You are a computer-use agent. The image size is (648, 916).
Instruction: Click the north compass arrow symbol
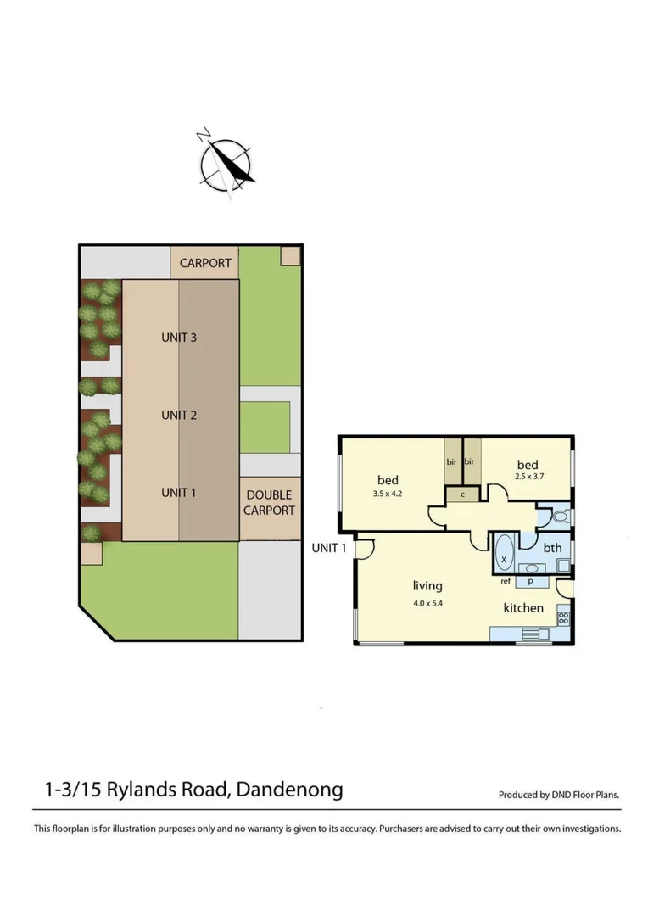tap(226, 162)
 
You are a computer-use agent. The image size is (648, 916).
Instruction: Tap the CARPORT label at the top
tap(204, 263)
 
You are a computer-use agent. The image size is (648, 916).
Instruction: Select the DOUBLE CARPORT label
tap(269, 502)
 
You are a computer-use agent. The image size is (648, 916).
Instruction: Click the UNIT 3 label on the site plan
tap(179, 338)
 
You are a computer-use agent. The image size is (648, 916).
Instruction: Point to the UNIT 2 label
tap(179, 415)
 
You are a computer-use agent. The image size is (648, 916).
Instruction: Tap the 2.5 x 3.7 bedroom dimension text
tap(528, 476)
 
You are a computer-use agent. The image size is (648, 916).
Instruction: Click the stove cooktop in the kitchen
tap(562, 618)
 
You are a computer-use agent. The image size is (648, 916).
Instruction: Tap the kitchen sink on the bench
tap(533, 632)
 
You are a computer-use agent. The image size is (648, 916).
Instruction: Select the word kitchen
tap(523, 608)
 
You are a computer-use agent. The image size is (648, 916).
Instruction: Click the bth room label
tap(552, 548)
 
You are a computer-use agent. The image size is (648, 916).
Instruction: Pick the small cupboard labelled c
tap(463, 494)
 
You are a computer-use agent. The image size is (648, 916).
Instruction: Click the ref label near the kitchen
tap(506, 581)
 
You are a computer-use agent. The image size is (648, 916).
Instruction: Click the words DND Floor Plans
tap(584, 796)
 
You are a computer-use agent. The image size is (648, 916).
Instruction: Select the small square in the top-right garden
tap(290, 255)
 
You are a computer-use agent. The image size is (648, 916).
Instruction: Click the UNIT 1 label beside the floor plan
tap(329, 547)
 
